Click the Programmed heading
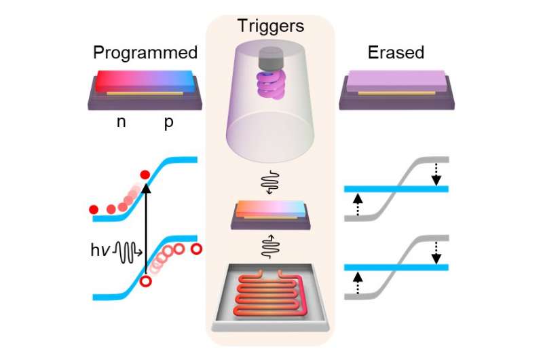click(x=145, y=53)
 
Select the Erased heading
click(x=396, y=53)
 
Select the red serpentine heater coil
click(x=269, y=298)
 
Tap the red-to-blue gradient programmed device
click(x=145, y=84)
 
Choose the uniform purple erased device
click(x=396, y=84)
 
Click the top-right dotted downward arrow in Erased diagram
click(x=436, y=174)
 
